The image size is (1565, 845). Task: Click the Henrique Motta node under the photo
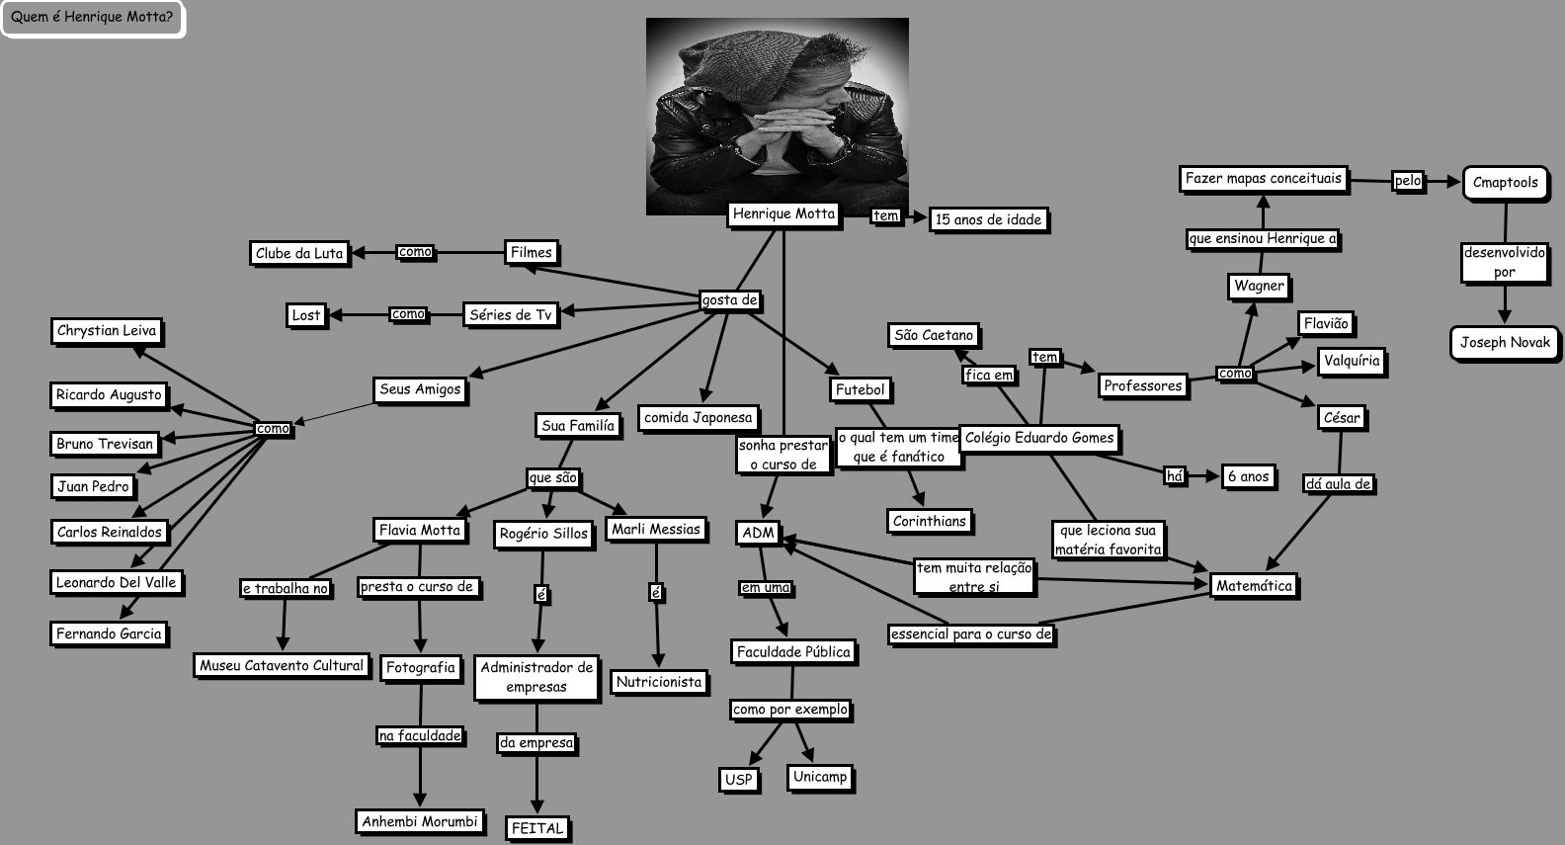tap(783, 213)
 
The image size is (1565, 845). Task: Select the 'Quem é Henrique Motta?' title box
tap(92, 18)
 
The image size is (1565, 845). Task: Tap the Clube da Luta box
tap(299, 253)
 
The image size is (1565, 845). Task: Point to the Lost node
tap(306, 315)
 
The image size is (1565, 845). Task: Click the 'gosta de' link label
tap(729, 299)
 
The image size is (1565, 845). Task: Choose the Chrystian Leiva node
tap(107, 331)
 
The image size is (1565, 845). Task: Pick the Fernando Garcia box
tap(109, 634)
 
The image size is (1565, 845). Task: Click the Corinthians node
tap(929, 521)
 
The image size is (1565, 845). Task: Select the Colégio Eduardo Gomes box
tap(1039, 438)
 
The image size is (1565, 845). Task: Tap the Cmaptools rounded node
tap(1505, 183)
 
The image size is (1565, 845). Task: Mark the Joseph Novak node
tap(1505, 343)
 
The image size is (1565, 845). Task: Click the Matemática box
tap(1254, 586)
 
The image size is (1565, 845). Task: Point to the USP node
tap(739, 779)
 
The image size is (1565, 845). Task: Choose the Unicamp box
tap(820, 777)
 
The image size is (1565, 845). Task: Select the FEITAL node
tap(537, 828)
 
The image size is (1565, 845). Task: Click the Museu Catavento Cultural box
tap(282, 665)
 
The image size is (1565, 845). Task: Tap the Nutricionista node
tap(658, 682)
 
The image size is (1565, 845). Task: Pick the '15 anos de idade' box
tap(988, 219)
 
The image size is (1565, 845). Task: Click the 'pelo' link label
tap(1407, 181)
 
